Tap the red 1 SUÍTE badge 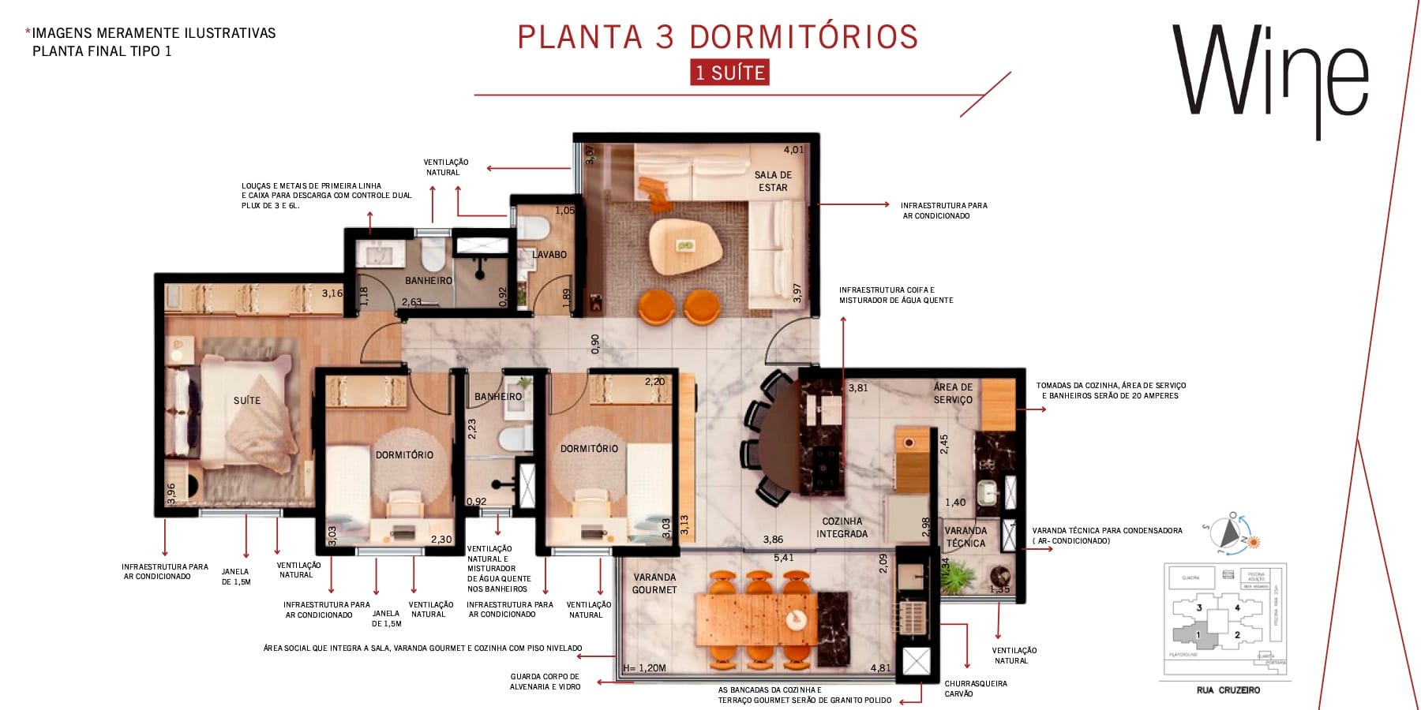pos(729,73)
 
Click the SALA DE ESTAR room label pos(773,181)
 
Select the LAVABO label pos(549,255)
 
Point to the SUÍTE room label pos(246,401)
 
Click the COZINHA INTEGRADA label pos(842,528)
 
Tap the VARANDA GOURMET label pos(654,584)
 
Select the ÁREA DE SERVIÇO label pos(953,394)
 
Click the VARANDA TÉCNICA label pos(965,537)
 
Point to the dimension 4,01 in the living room pos(793,150)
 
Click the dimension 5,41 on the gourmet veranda pos(783,558)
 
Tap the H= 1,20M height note pos(644,668)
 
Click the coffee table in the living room pos(685,247)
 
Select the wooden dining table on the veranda pos(756,620)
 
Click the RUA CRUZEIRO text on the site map pos(1228,690)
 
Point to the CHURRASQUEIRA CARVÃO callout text pos(975,689)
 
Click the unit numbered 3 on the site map pos(1198,608)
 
